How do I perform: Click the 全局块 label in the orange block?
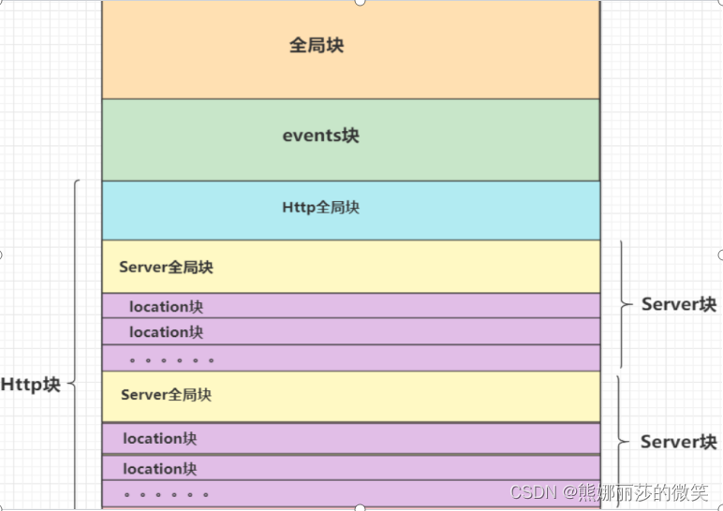click(316, 45)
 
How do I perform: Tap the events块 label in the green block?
click(320, 136)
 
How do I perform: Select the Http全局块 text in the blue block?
click(320, 208)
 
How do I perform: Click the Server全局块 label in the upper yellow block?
click(166, 268)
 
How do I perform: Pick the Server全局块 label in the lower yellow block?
click(166, 395)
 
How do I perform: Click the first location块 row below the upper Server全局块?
click(166, 307)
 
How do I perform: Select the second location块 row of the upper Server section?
click(166, 332)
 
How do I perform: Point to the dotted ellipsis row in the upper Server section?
click(171, 359)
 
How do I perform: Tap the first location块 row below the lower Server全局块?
click(159, 438)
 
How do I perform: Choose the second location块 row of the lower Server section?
click(159, 469)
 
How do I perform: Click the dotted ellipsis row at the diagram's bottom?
click(166, 494)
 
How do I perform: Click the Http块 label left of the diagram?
click(30, 385)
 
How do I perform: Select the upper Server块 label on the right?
click(678, 305)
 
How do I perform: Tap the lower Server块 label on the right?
click(678, 442)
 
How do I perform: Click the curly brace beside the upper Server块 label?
click(624, 304)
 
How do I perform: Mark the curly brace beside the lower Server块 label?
click(621, 442)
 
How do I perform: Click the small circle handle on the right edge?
click(720, 255)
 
